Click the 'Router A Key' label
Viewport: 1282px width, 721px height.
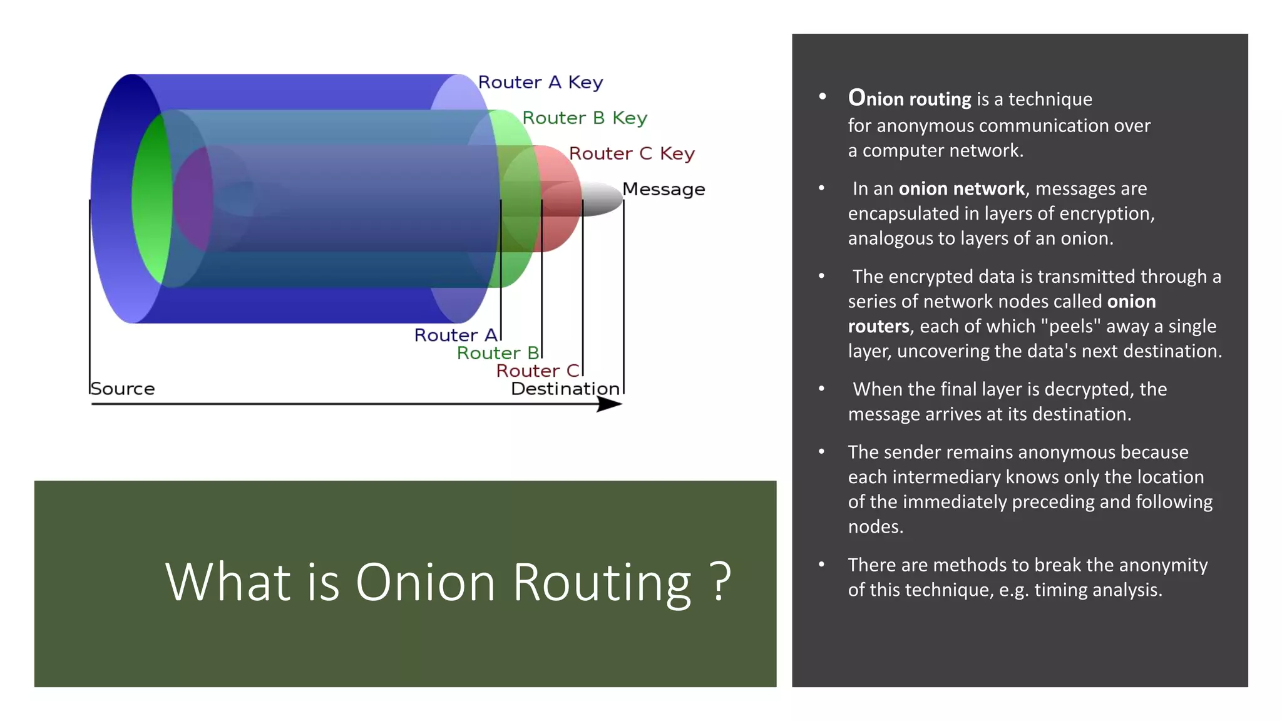coord(540,83)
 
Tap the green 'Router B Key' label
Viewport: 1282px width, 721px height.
coord(584,118)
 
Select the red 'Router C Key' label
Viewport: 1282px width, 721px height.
coord(631,154)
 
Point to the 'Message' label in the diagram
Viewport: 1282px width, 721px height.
coord(664,190)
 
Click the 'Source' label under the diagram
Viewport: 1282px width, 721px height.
coord(123,389)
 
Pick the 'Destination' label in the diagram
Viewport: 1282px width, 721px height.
coord(565,389)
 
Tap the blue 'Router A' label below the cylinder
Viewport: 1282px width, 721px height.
coord(456,335)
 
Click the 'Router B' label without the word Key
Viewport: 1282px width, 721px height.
coord(497,353)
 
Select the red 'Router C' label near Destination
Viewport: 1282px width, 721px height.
coord(538,371)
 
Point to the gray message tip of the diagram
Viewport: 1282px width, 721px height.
coord(602,198)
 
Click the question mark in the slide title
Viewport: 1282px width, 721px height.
coord(721,582)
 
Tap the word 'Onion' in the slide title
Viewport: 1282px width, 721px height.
coord(426,582)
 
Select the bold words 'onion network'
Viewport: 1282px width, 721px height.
coord(961,188)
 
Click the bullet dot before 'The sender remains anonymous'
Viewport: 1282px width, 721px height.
coord(821,451)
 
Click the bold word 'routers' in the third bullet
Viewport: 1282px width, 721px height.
coord(878,326)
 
